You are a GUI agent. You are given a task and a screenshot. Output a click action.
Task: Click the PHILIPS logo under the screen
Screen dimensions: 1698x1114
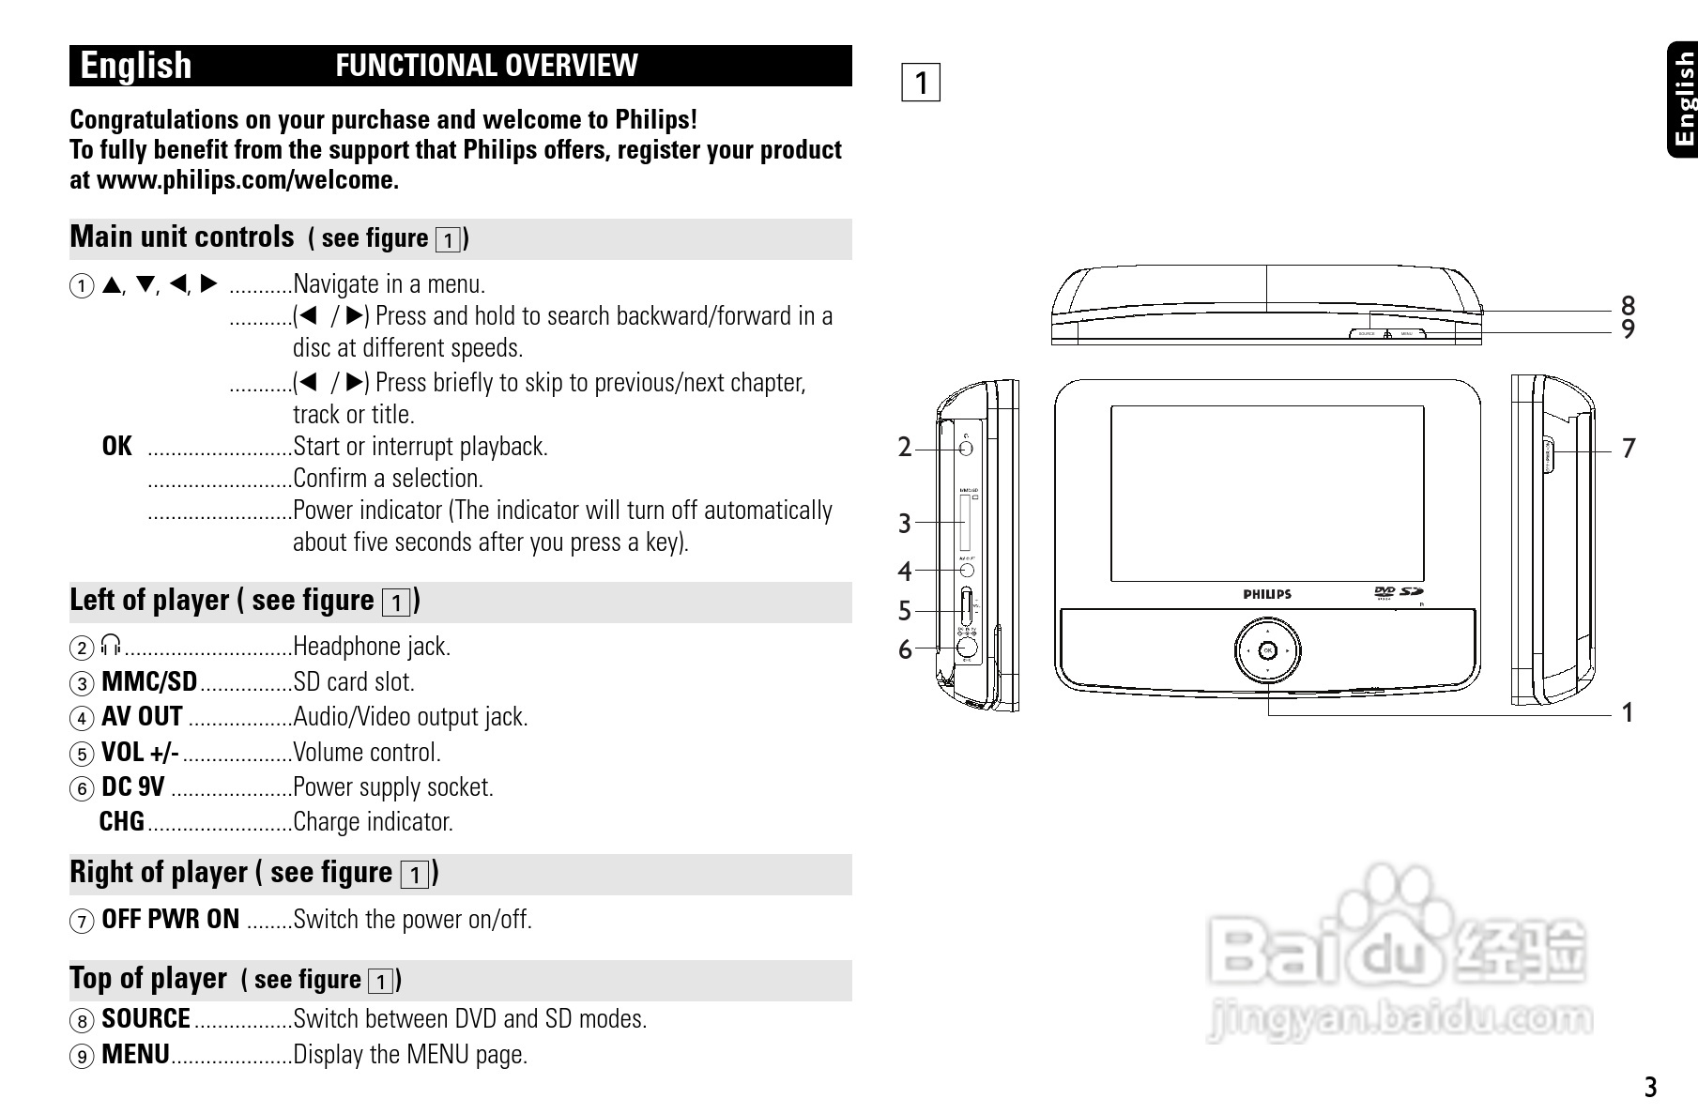tap(1267, 594)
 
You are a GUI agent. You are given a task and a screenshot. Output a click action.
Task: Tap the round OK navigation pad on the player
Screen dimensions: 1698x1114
tap(1267, 650)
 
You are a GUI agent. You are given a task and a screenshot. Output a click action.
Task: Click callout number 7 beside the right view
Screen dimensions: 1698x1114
tap(1629, 449)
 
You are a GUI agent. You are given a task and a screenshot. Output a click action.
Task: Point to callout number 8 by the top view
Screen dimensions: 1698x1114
tap(1628, 306)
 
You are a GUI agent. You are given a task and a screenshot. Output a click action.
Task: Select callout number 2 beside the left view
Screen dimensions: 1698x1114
tap(904, 448)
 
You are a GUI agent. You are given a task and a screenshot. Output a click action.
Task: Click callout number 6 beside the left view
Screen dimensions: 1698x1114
tap(904, 649)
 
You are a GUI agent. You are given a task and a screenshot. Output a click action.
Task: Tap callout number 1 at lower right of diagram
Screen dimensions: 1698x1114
tap(1628, 713)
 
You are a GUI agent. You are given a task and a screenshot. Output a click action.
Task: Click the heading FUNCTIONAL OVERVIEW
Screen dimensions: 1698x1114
tap(486, 66)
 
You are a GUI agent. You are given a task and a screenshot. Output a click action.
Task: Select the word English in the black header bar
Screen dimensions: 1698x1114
tap(136, 66)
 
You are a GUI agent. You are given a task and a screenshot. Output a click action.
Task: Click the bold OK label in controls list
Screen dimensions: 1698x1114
tap(117, 447)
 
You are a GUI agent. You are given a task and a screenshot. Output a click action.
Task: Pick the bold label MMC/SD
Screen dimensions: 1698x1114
tap(149, 681)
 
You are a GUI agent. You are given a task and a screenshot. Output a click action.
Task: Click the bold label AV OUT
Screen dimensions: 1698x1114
tap(142, 717)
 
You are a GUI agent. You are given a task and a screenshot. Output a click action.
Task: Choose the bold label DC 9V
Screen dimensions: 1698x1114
tap(133, 787)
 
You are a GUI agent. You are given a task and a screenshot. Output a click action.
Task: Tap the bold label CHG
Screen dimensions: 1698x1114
tap(122, 822)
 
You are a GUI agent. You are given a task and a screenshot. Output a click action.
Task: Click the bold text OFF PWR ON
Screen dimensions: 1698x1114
tap(170, 920)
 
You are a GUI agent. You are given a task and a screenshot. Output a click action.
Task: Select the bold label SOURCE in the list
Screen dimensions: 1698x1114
tap(145, 1019)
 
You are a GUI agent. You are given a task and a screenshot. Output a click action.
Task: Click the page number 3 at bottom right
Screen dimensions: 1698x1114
tap(1650, 1088)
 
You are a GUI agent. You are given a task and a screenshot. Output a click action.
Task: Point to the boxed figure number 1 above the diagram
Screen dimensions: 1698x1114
tap(921, 83)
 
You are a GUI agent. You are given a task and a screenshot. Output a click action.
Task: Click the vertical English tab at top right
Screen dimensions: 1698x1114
tap(1684, 99)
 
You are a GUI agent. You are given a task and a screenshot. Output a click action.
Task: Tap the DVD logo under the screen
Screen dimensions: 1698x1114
tap(1384, 592)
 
